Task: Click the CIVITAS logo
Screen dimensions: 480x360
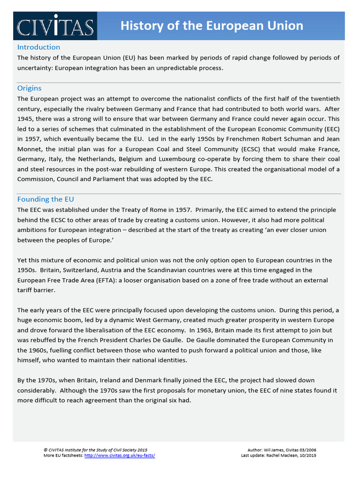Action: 55,26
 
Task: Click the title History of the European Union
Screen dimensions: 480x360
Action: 211,26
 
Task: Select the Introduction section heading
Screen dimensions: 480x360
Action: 38,47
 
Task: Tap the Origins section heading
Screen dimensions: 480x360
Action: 29,88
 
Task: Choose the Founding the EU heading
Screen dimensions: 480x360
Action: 45,199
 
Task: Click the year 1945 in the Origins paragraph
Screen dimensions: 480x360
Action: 27,119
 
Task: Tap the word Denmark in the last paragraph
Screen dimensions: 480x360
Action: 141,380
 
